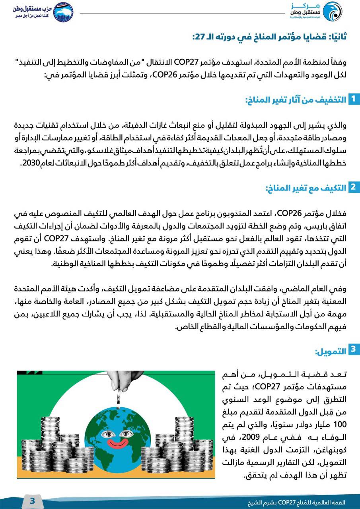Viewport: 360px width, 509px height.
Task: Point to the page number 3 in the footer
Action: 33,501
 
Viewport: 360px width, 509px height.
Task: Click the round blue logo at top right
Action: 331,12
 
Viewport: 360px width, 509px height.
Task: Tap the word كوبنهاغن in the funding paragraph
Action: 331,450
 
